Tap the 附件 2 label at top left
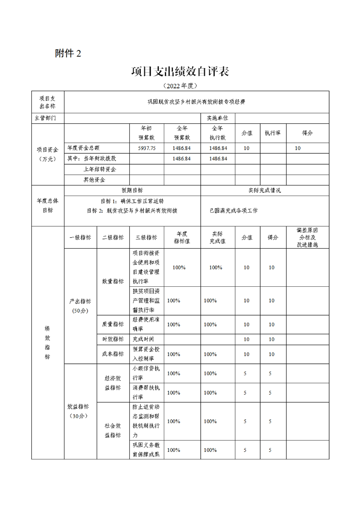click(68, 54)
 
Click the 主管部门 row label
click(48, 118)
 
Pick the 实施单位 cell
click(217, 118)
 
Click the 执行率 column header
click(272, 133)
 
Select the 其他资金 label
click(94, 180)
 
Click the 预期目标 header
click(132, 191)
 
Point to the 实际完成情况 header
click(265, 191)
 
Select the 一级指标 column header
click(80, 237)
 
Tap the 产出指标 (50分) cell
click(80, 306)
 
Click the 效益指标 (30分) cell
click(80, 411)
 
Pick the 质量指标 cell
click(113, 324)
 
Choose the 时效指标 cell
click(113, 339)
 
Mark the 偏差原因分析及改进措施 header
click(307, 237)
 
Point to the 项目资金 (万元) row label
click(48, 154)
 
